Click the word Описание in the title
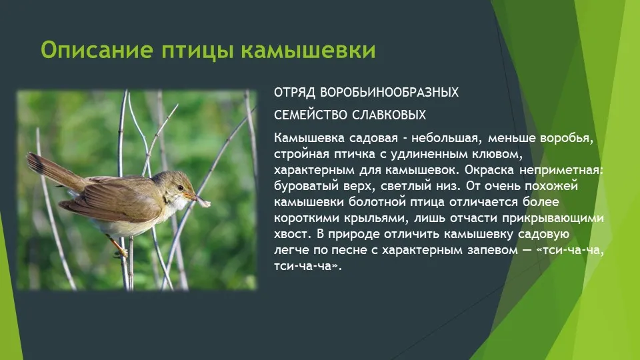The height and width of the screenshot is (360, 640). [x=97, y=50]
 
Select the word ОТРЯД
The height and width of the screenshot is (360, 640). [x=294, y=93]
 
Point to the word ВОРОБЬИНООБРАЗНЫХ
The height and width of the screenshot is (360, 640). [x=389, y=92]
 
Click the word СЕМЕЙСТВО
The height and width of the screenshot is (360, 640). [x=310, y=115]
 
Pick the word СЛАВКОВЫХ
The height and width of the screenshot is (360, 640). [x=389, y=115]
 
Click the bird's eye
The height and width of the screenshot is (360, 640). [x=179, y=187]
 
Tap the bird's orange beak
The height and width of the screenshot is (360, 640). [x=190, y=196]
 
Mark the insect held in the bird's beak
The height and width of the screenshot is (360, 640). [x=204, y=201]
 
